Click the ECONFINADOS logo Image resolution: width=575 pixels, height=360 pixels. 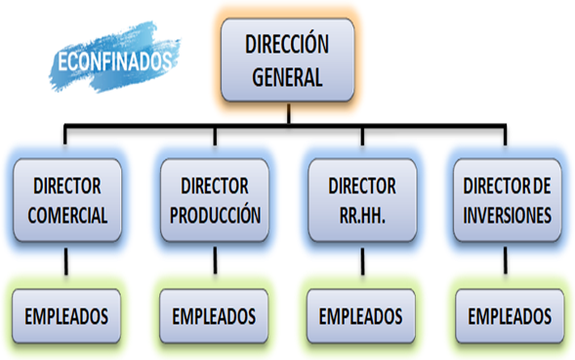(x=114, y=58)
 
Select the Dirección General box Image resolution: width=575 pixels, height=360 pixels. (x=287, y=60)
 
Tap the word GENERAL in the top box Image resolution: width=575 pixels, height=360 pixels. (x=287, y=77)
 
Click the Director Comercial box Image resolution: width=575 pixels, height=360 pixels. (x=67, y=200)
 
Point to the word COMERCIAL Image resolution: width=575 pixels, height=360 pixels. (x=67, y=216)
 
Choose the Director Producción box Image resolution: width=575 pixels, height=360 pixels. (x=215, y=200)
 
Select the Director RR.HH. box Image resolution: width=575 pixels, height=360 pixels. (x=362, y=200)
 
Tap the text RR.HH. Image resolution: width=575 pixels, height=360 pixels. (x=362, y=216)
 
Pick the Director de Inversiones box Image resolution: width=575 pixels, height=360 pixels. (x=508, y=200)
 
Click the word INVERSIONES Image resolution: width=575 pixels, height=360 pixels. (x=508, y=216)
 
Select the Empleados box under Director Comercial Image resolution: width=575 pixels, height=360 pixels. (x=66, y=316)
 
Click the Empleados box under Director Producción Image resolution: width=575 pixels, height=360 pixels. (x=214, y=316)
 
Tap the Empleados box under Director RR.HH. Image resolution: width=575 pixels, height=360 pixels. (x=361, y=316)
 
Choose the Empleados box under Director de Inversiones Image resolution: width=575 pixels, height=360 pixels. (x=510, y=316)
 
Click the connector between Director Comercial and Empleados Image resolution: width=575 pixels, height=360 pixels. (x=66, y=261)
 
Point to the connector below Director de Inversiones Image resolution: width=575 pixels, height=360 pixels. (x=506, y=260)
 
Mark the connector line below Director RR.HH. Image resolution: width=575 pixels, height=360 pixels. (x=362, y=261)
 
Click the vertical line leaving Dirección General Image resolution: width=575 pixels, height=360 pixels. (x=289, y=114)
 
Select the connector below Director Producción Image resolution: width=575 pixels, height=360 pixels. (x=215, y=260)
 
